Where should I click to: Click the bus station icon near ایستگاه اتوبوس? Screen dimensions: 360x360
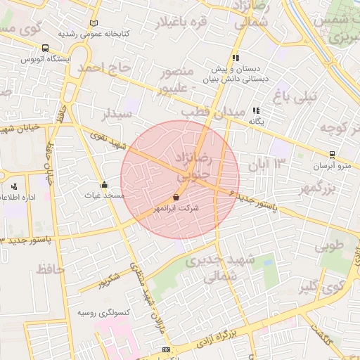[46, 49]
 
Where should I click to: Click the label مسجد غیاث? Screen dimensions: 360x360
[105, 195]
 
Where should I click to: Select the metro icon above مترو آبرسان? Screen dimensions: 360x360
[332, 155]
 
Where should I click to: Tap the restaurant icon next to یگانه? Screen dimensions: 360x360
[257, 110]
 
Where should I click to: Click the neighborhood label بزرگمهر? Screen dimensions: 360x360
[322, 188]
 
